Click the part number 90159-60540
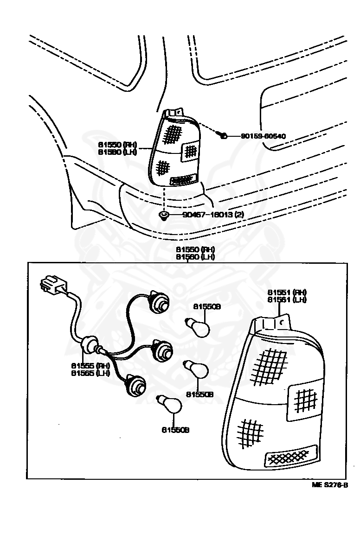tap(263, 136)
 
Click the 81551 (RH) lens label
tap(287, 292)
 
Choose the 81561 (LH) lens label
tap(287, 299)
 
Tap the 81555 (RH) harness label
tap(90, 365)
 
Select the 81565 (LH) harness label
tap(90, 372)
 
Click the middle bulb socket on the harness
tap(161, 350)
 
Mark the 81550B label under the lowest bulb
tap(175, 430)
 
